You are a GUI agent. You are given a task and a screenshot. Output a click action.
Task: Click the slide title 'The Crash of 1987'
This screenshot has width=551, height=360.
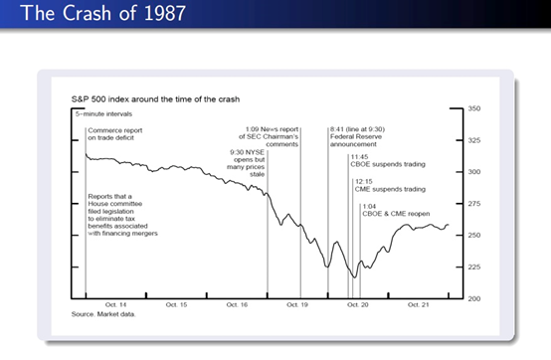(103, 13)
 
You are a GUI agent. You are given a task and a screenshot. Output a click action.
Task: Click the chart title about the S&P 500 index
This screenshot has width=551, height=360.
(155, 99)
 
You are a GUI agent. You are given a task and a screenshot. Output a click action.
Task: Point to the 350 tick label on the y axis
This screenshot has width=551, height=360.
(474, 108)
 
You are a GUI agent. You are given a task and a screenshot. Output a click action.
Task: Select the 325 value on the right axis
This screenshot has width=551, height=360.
(474, 140)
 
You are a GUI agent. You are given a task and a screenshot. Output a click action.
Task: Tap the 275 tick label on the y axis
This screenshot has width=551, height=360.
(474, 204)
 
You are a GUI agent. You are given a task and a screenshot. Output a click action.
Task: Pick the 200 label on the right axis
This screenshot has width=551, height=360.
(474, 299)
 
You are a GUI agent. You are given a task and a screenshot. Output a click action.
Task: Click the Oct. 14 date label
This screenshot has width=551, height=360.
(115, 305)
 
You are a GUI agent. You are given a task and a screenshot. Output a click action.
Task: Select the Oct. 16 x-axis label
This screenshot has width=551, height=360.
(237, 305)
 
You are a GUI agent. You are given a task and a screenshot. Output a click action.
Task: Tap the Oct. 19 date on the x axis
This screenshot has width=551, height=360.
(297, 305)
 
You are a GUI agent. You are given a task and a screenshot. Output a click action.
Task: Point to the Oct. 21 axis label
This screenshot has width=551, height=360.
(418, 305)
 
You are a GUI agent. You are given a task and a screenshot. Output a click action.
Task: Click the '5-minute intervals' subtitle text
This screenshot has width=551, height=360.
(103, 114)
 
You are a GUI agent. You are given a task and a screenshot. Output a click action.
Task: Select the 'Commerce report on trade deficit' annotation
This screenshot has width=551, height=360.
(115, 134)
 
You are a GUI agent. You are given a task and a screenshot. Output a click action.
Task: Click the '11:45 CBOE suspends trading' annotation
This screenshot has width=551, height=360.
(388, 161)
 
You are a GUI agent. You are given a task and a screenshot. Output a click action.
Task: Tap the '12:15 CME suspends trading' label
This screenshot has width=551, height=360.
(390, 185)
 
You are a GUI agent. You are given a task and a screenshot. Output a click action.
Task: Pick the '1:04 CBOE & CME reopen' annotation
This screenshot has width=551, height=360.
(396, 210)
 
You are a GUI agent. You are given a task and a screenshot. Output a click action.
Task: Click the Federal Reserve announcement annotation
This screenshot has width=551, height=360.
(357, 137)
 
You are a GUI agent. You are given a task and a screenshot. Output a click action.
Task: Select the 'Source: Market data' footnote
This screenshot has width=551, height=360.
(103, 314)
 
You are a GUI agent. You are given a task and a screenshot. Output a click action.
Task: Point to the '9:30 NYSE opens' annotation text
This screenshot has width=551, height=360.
(246, 163)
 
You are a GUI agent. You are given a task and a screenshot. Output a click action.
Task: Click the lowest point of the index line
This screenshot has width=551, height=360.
(354, 277)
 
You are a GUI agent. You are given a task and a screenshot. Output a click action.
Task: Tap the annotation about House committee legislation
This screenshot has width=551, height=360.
(122, 215)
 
